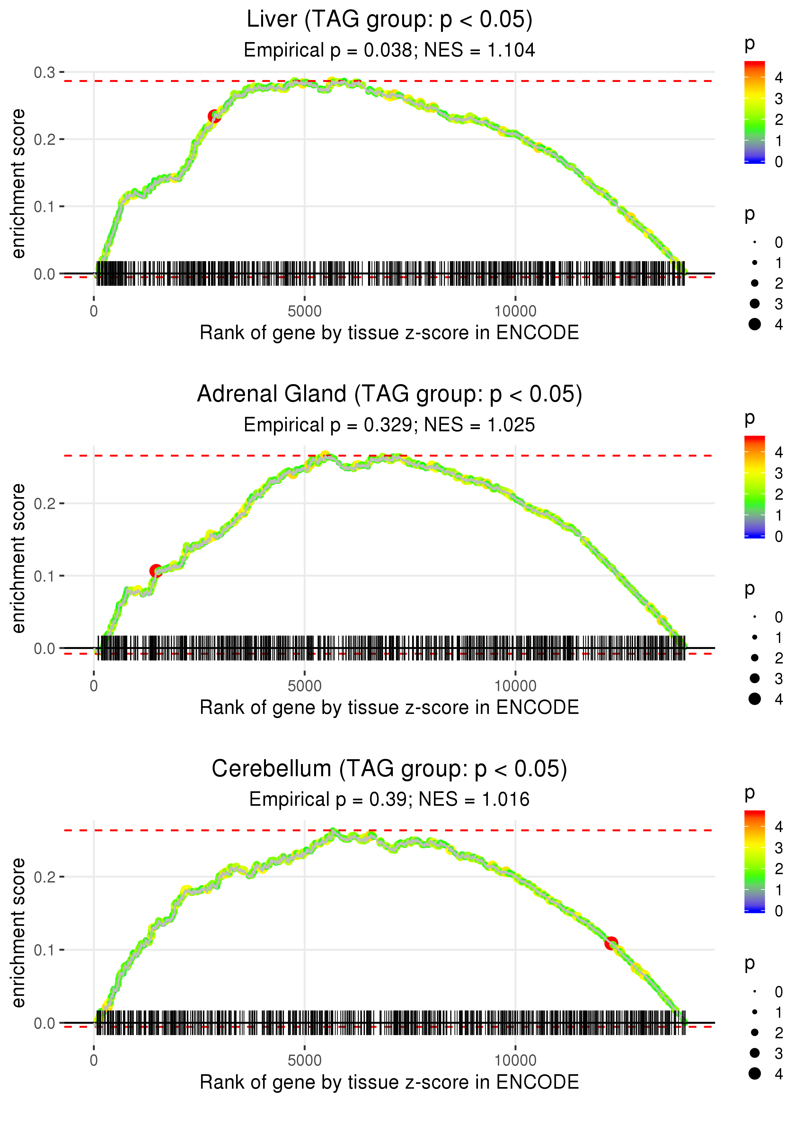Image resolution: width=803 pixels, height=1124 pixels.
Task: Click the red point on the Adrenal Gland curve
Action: coord(156,571)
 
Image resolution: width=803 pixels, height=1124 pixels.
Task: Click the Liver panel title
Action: coord(389,20)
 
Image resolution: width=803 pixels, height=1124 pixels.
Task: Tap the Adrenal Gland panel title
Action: coord(389,394)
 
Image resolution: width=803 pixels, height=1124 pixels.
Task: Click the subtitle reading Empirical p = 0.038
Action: coord(389,50)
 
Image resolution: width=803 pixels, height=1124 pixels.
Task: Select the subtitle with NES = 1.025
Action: coord(389,425)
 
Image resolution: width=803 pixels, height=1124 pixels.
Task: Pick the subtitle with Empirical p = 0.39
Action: coord(389,799)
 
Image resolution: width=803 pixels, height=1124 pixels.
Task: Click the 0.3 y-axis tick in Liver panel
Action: coord(45,73)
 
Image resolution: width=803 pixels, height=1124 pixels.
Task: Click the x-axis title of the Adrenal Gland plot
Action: coord(389,707)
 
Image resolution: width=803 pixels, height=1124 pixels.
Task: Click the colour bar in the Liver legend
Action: coord(754,112)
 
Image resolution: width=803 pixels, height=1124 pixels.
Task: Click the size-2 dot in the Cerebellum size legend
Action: coord(754,1032)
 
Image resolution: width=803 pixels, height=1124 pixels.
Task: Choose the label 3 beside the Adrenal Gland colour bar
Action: coord(779,473)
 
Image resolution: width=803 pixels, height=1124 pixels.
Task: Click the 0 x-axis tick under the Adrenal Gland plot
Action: coord(94,686)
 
